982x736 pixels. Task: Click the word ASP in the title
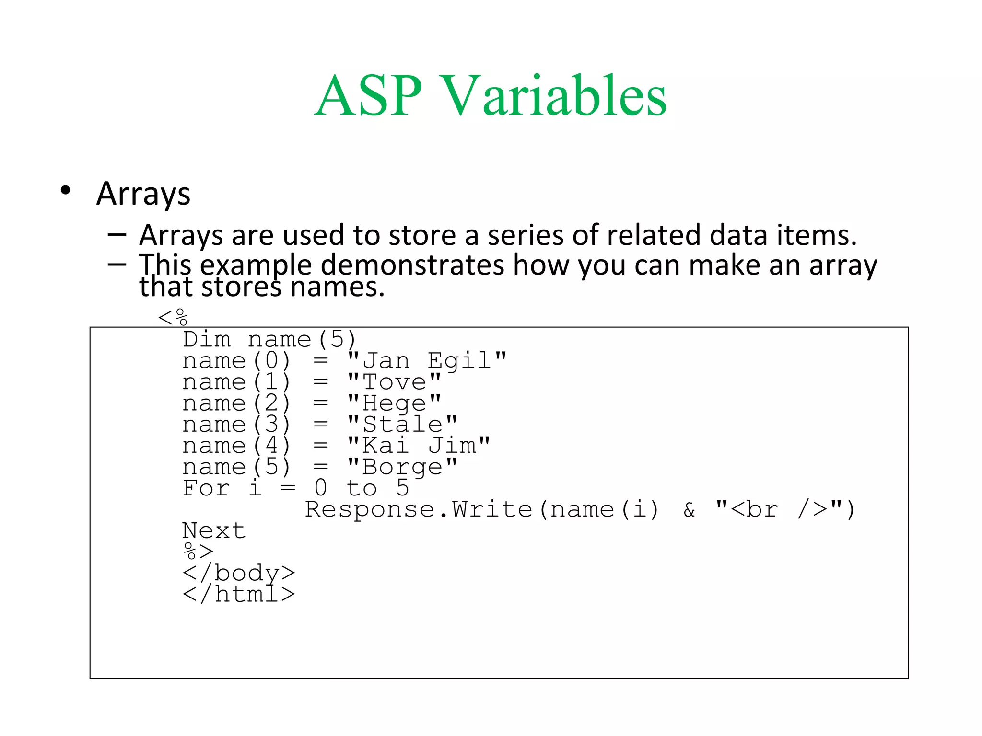tap(368, 96)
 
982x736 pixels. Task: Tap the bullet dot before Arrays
tap(66, 191)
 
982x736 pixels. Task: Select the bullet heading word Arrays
tap(143, 194)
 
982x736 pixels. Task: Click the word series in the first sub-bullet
tap(525, 235)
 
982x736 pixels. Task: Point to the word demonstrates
tap(412, 264)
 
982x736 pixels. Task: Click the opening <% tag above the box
tap(173, 317)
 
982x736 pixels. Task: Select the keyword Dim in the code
tap(207, 340)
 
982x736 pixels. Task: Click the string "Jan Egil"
tap(427, 361)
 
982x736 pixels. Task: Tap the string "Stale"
tap(402, 425)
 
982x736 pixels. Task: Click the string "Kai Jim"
tap(419, 446)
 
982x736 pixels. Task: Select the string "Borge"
tap(402, 467)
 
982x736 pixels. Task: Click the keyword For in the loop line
tap(206, 488)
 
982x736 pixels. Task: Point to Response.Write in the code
tap(419, 509)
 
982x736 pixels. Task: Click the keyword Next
tap(214, 530)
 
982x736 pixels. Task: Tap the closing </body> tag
tap(238, 573)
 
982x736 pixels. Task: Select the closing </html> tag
tap(238, 594)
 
